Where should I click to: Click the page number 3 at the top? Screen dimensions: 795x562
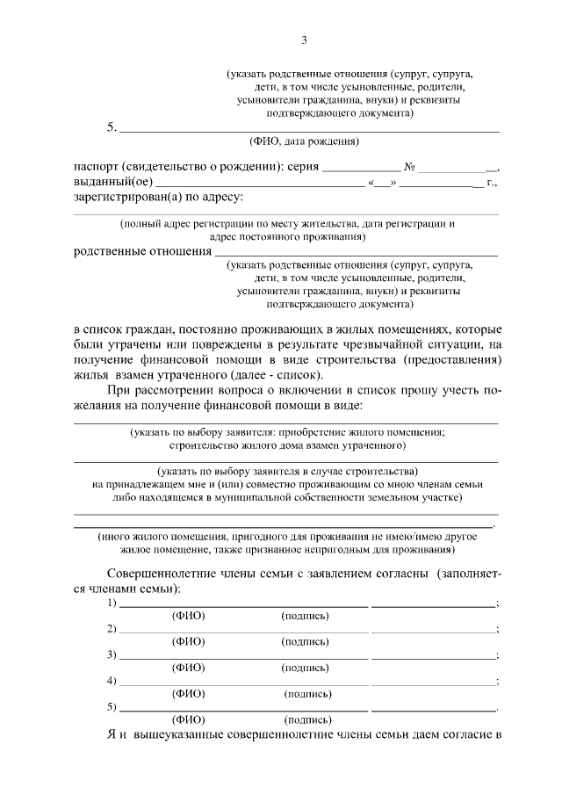coord(304,40)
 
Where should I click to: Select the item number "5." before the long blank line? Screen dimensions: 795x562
coord(112,126)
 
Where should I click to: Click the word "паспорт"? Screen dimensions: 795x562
coord(96,166)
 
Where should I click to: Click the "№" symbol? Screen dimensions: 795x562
coord(409,166)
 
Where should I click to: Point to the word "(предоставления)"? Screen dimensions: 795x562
coord(450,360)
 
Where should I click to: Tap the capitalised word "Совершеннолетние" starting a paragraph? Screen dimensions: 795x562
coord(161,574)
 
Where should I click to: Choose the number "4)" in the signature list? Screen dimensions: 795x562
coord(112,680)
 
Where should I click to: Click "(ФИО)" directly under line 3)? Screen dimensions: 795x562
coord(188,668)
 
